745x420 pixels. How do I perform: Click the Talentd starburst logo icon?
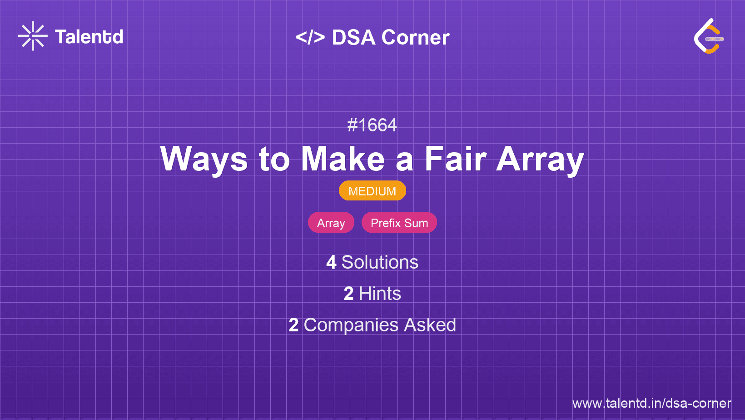pyautogui.click(x=33, y=36)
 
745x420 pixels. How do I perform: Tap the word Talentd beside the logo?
pyautogui.click(x=89, y=37)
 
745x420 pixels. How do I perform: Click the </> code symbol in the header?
pyautogui.click(x=310, y=37)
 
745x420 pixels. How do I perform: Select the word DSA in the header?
pyautogui.click(x=353, y=37)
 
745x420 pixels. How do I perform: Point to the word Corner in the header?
pyautogui.click(x=415, y=37)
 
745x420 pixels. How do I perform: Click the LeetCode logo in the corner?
pyautogui.click(x=709, y=36)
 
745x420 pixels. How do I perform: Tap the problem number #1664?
pyautogui.click(x=372, y=125)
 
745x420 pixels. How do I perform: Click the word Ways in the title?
pyautogui.click(x=204, y=159)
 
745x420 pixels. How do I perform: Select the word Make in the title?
pyautogui.click(x=343, y=159)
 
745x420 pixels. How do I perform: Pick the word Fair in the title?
pyautogui.click(x=456, y=159)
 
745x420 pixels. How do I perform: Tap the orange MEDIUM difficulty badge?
pyautogui.click(x=372, y=191)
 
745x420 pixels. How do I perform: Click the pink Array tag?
pyautogui.click(x=331, y=223)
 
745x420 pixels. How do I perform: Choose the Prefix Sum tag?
pyautogui.click(x=399, y=223)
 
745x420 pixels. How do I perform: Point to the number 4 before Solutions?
pyautogui.click(x=331, y=262)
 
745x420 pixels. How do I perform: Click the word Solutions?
pyautogui.click(x=380, y=262)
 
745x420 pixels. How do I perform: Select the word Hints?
pyautogui.click(x=380, y=294)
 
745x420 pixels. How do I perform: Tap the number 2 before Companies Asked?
pyautogui.click(x=293, y=325)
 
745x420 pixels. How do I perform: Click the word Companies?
pyautogui.click(x=351, y=325)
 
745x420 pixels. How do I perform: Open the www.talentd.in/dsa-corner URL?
pyautogui.click(x=651, y=403)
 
